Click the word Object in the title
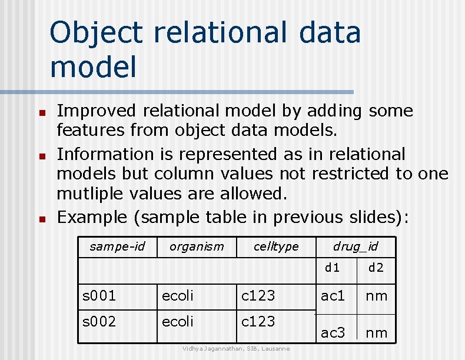coord(97,33)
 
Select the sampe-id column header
coord(117,246)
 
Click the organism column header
coord(197,246)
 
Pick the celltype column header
coord(276,246)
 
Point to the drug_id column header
coord(356,246)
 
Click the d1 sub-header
coord(333,268)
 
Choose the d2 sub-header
coord(376,268)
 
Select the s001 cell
coord(99,295)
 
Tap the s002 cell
coord(99,322)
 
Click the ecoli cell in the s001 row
coord(177,295)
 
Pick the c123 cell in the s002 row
coord(258,322)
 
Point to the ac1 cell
coord(333,295)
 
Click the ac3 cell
coord(333,333)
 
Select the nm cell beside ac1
coord(377,295)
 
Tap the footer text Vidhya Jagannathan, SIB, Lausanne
coord(235,349)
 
